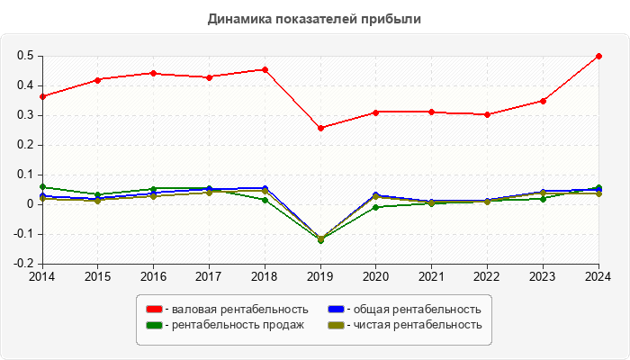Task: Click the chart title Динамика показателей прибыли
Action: pos(315,18)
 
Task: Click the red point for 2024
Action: pos(598,56)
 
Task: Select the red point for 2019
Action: pos(319,128)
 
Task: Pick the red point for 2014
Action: pos(41,96)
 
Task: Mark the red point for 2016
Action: pos(153,73)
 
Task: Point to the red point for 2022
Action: pos(487,114)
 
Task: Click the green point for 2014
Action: pos(41,186)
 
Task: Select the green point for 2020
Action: pos(375,207)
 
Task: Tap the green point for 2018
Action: pos(264,200)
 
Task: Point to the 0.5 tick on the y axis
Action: pos(26,56)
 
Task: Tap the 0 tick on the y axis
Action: pos(31,204)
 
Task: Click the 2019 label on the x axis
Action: pos(319,276)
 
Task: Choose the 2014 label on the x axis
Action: pos(41,276)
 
